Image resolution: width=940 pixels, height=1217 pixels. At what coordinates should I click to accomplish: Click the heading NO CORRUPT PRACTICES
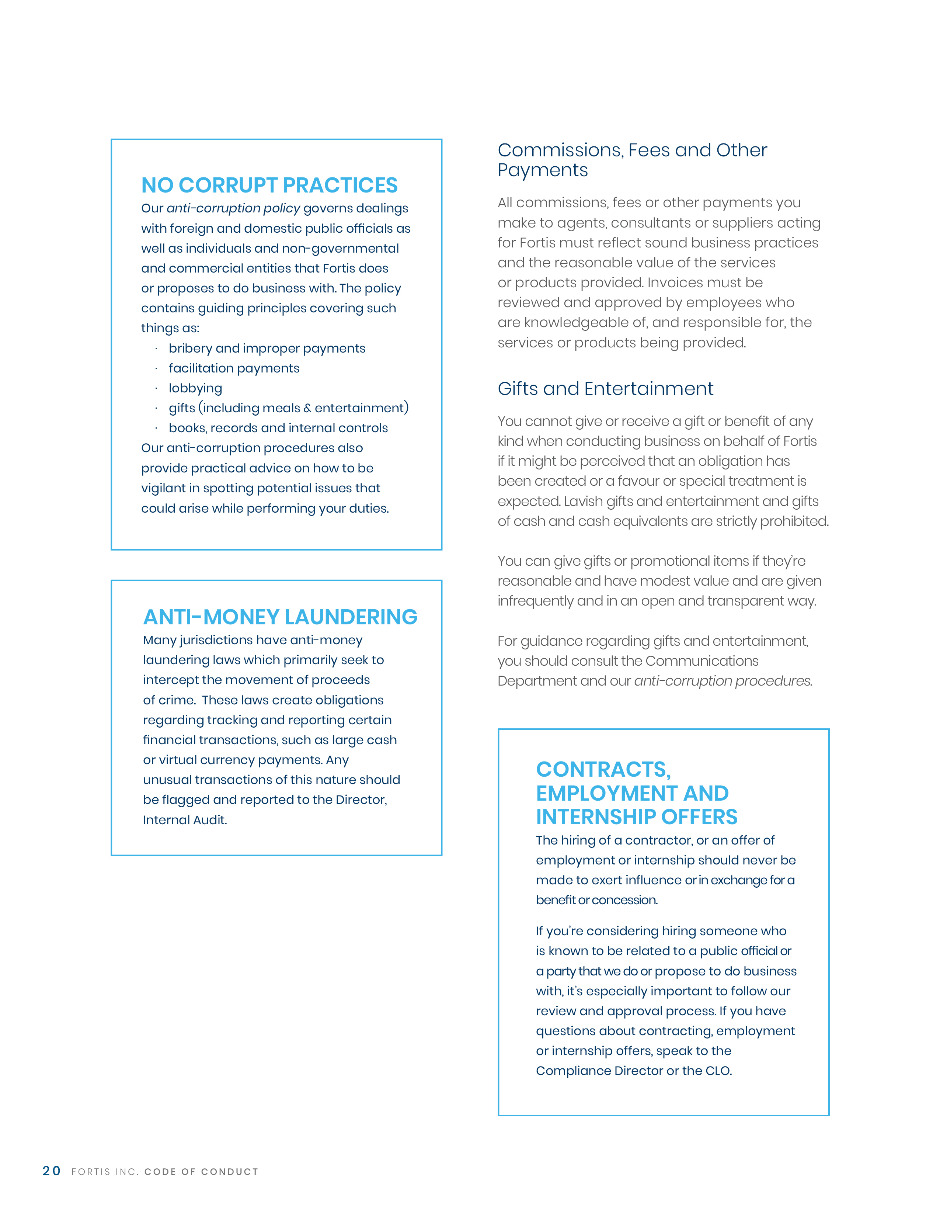pyautogui.click(x=269, y=185)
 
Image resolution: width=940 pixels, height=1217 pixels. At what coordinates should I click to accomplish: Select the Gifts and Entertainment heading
pyautogui.click(x=605, y=388)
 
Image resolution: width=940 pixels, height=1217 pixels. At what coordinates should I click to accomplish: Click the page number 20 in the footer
pyautogui.click(x=51, y=1171)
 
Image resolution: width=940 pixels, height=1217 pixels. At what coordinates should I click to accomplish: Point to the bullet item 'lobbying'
pyautogui.click(x=195, y=388)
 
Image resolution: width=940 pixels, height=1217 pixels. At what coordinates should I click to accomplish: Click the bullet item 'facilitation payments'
pyautogui.click(x=234, y=368)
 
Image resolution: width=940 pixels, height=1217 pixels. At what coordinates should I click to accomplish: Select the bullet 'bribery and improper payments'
pyautogui.click(x=267, y=348)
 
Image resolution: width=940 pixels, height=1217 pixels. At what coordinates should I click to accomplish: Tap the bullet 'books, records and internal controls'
pyautogui.click(x=278, y=428)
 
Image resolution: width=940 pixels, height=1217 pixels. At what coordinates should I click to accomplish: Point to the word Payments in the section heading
pyautogui.click(x=542, y=170)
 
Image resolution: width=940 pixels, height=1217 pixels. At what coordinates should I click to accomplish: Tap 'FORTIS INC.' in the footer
pyautogui.click(x=104, y=1172)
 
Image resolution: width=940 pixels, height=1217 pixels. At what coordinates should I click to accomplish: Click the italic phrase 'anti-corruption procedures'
pyautogui.click(x=722, y=681)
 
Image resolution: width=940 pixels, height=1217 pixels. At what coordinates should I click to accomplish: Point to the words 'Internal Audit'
pyautogui.click(x=184, y=820)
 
